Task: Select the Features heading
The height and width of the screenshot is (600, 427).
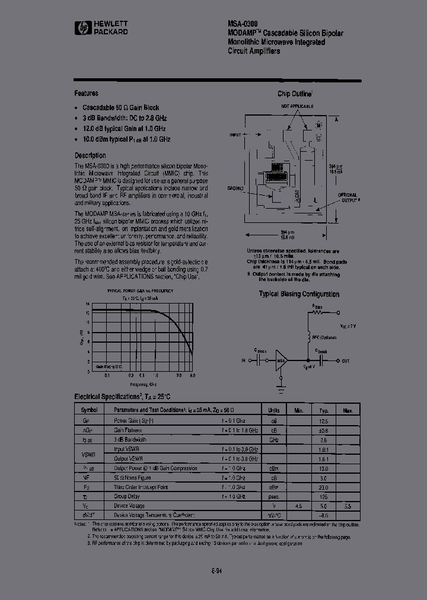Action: (86, 93)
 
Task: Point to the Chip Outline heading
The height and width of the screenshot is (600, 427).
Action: (295, 94)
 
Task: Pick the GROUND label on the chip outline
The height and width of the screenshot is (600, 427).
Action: (235, 188)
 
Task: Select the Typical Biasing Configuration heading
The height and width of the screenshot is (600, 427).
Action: (299, 294)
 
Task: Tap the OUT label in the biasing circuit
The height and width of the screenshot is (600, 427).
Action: (346, 360)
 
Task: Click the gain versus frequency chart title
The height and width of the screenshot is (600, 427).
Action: (140, 291)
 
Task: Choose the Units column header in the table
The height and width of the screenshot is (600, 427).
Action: (273, 410)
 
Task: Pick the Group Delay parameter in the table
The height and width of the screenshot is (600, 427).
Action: (126, 496)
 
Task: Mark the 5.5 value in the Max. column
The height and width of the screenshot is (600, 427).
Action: (348, 506)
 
